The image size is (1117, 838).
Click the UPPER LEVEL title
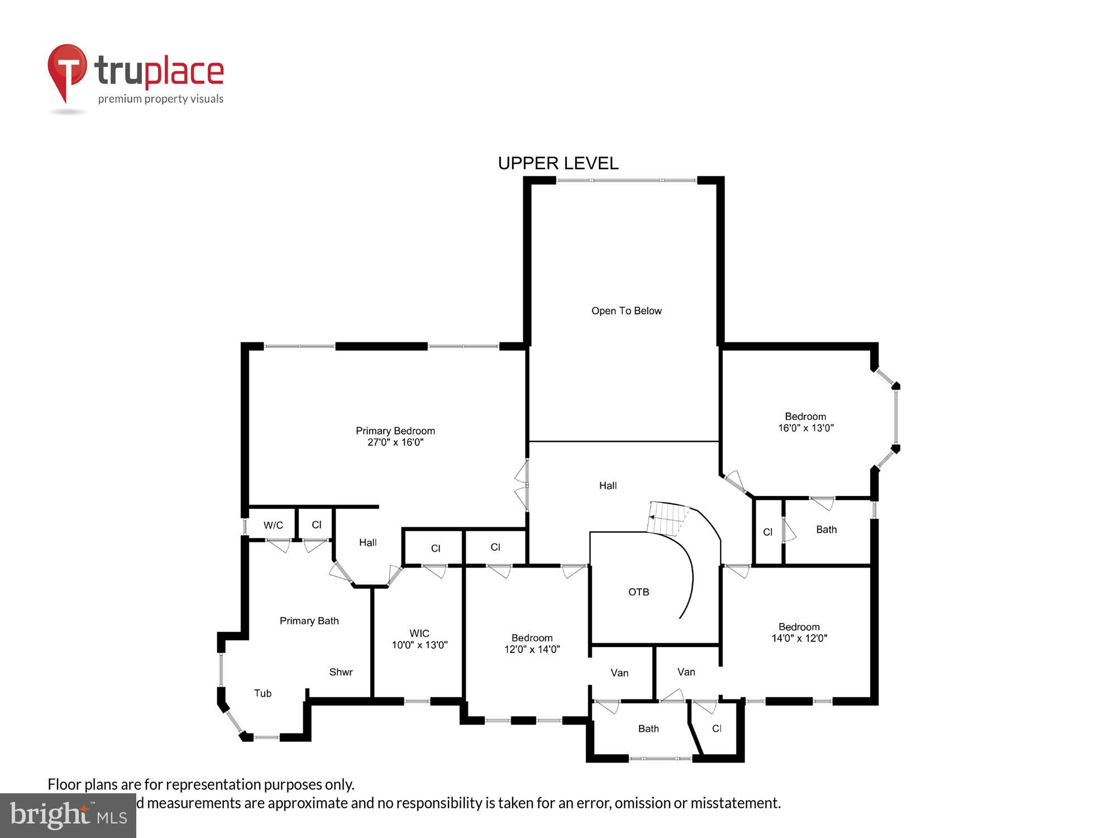[558, 163]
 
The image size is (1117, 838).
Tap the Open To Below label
[626, 311]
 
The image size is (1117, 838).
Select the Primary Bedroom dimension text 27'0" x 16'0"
[395, 442]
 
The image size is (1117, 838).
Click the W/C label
[273, 525]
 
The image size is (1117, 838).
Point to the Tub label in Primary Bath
[262, 693]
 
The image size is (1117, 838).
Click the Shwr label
[341, 672]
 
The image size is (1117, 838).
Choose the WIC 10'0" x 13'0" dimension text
[419, 645]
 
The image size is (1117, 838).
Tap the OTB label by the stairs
[638, 592]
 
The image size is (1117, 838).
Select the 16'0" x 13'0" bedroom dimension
[806, 428]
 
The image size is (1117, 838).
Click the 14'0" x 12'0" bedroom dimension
[799, 638]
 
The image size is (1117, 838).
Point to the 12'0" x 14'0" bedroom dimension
[532, 649]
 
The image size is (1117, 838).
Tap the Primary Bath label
[309, 621]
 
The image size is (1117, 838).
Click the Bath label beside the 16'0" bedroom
[826, 530]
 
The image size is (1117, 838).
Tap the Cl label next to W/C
[317, 525]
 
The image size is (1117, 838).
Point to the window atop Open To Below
[626, 180]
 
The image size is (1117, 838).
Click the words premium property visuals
[161, 99]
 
